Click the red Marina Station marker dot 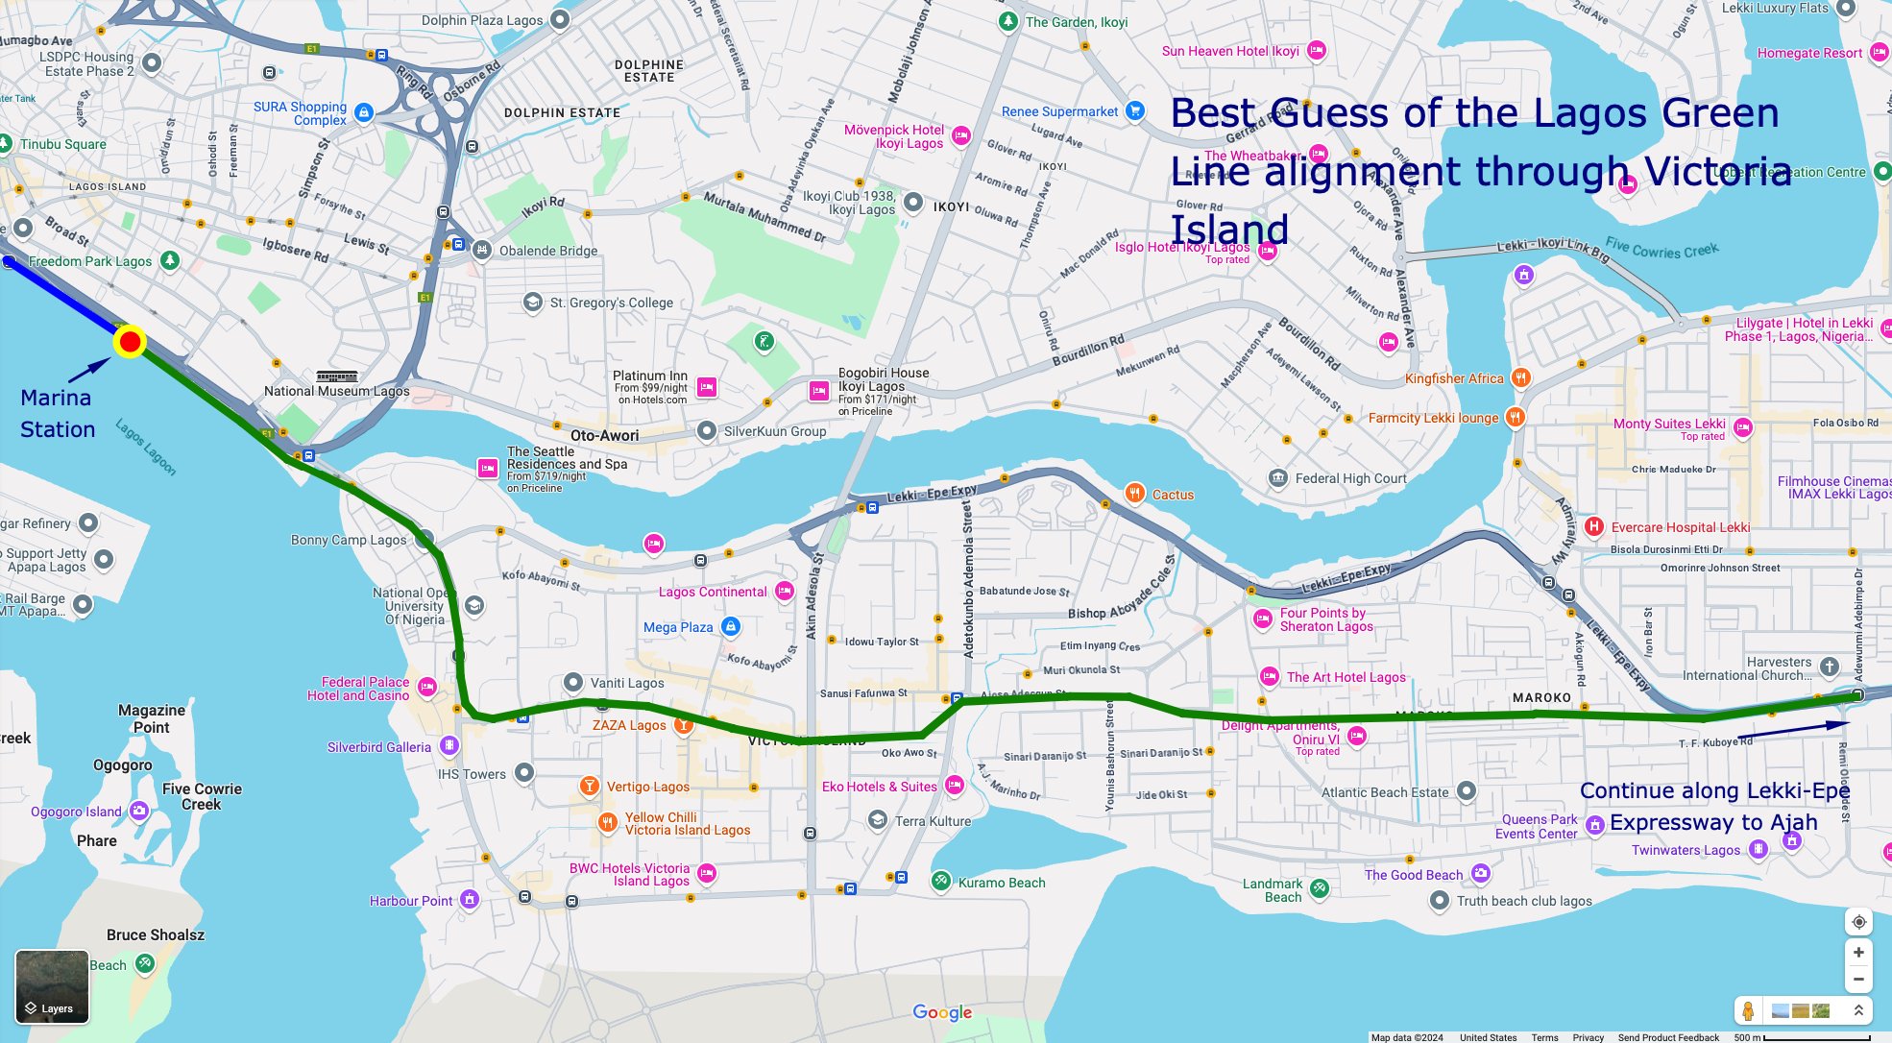(130, 342)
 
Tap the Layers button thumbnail (52, 986)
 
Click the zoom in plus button (1858, 952)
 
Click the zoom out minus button (1858, 980)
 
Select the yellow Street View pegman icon (1748, 1010)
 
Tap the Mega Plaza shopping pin (730, 627)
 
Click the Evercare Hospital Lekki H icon (1593, 526)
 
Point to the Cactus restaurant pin (1134, 494)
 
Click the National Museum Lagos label (336, 391)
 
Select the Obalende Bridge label (547, 251)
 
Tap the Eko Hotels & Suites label (879, 787)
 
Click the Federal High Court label (1350, 478)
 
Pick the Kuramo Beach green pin (941, 881)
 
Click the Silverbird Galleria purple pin (449, 746)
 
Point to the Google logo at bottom (942, 1012)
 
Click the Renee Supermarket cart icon (1134, 110)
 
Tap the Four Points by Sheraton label (1325, 619)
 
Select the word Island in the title (1229, 230)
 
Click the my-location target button (1858, 922)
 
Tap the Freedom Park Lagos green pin (169, 260)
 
